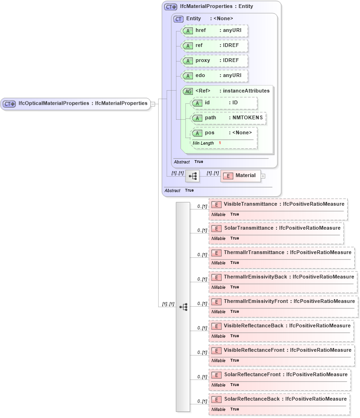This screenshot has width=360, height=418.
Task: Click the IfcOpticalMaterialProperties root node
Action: [75, 103]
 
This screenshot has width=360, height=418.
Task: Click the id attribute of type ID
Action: [224, 103]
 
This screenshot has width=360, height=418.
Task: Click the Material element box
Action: [240, 176]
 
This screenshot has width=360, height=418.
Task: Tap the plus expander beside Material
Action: [263, 176]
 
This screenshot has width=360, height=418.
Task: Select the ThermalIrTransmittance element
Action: [281, 253]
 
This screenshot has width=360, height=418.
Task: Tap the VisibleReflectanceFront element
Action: [281, 350]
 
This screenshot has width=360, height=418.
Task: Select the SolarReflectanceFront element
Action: [279, 375]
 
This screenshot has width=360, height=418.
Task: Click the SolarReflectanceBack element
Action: [279, 399]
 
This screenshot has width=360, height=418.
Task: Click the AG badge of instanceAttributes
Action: [188, 91]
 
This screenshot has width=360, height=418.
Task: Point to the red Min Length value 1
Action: [220, 143]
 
